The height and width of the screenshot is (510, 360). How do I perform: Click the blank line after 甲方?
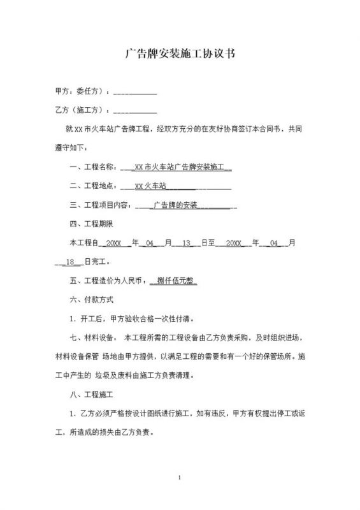[x=134, y=91]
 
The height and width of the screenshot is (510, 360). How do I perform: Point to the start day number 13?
[x=187, y=243]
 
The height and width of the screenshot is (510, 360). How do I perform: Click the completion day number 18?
[x=71, y=261]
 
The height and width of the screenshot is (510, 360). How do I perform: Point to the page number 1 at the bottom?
[x=180, y=477]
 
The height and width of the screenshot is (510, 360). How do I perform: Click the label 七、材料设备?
[x=92, y=337]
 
